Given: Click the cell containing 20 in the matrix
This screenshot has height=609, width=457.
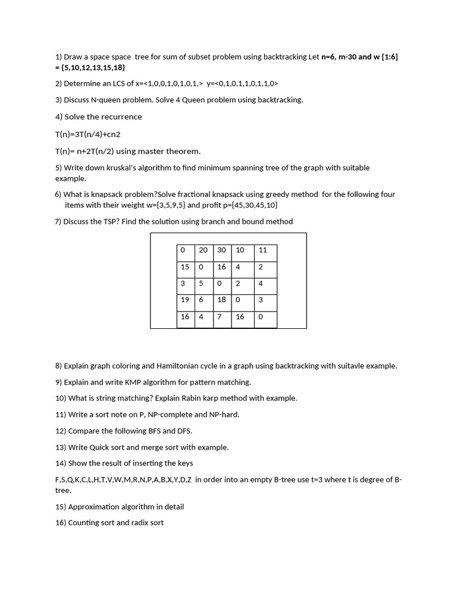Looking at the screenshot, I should coord(204,250).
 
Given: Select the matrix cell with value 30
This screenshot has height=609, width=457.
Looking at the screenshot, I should coord(222,250).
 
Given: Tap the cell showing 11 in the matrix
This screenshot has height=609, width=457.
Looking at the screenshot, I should coord(264,250).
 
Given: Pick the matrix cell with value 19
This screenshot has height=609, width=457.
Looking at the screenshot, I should coord(185,300).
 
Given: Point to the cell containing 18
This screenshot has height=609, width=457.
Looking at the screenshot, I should coord(222,300).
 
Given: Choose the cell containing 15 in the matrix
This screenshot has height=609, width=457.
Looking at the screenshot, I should coord(185,267).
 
